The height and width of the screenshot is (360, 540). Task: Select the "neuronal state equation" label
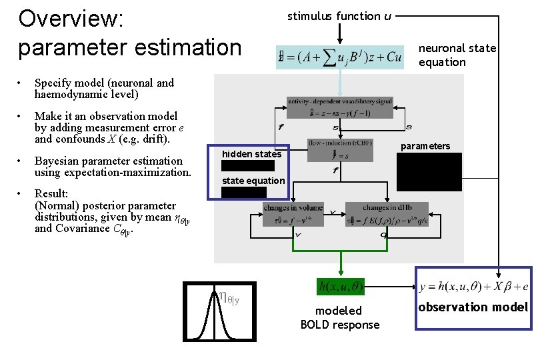pos(457,55)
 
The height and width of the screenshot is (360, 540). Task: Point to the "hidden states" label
pos(251,154)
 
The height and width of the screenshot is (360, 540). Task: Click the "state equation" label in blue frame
pos(253,181)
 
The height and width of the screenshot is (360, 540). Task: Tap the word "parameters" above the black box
pos(425,146)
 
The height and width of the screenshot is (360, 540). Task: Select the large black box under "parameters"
pos(429,172)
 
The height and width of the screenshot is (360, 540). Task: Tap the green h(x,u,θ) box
pos(340,287)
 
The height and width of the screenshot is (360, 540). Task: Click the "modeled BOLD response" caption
pos(339,318)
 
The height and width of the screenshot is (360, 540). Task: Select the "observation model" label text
pos(473,307)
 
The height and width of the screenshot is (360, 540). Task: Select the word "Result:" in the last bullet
pos(52,194)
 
